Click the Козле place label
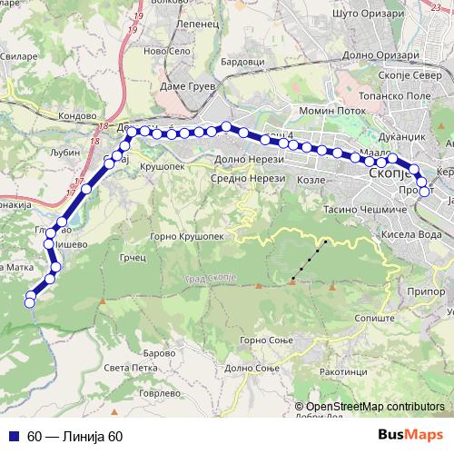tap(312, 180)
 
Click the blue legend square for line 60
tap(14, 435)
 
